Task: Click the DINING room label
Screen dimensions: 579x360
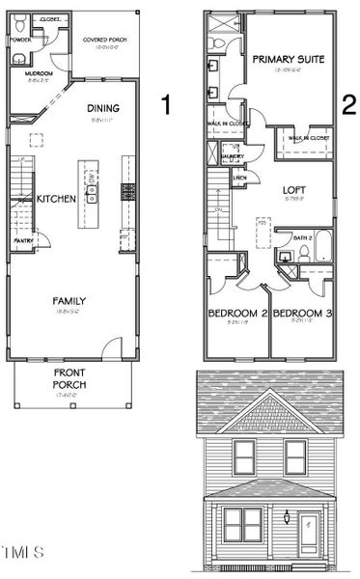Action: point(103,108)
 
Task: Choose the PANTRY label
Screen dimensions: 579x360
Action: point(24,241)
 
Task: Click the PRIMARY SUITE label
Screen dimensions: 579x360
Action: point(288,59)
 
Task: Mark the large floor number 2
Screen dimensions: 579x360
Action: point(346,104)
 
